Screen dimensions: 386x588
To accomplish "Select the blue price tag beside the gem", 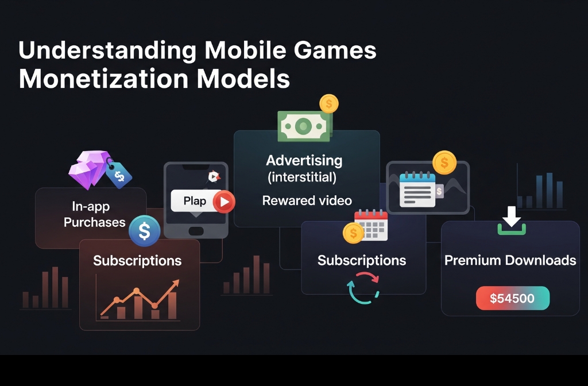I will (119, 174).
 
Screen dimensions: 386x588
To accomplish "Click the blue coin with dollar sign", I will (144, 231).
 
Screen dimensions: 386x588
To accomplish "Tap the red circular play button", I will (223, 202).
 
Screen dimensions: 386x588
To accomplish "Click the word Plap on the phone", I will (195, 201).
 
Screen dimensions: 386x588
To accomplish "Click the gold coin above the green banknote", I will (329, 104).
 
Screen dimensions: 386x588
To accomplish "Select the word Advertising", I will (304, 160).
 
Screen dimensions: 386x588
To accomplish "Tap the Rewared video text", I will (307, 200).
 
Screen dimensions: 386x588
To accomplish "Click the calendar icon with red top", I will (371, 225).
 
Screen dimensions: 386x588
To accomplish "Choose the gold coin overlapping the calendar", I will (353, 233).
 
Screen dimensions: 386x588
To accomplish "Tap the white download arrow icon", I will (511, 219).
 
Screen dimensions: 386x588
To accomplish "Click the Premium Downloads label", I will (510, 260).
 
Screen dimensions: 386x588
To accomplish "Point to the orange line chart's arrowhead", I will (175, 283).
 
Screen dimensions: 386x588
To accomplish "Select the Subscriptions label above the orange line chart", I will (137, 261).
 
